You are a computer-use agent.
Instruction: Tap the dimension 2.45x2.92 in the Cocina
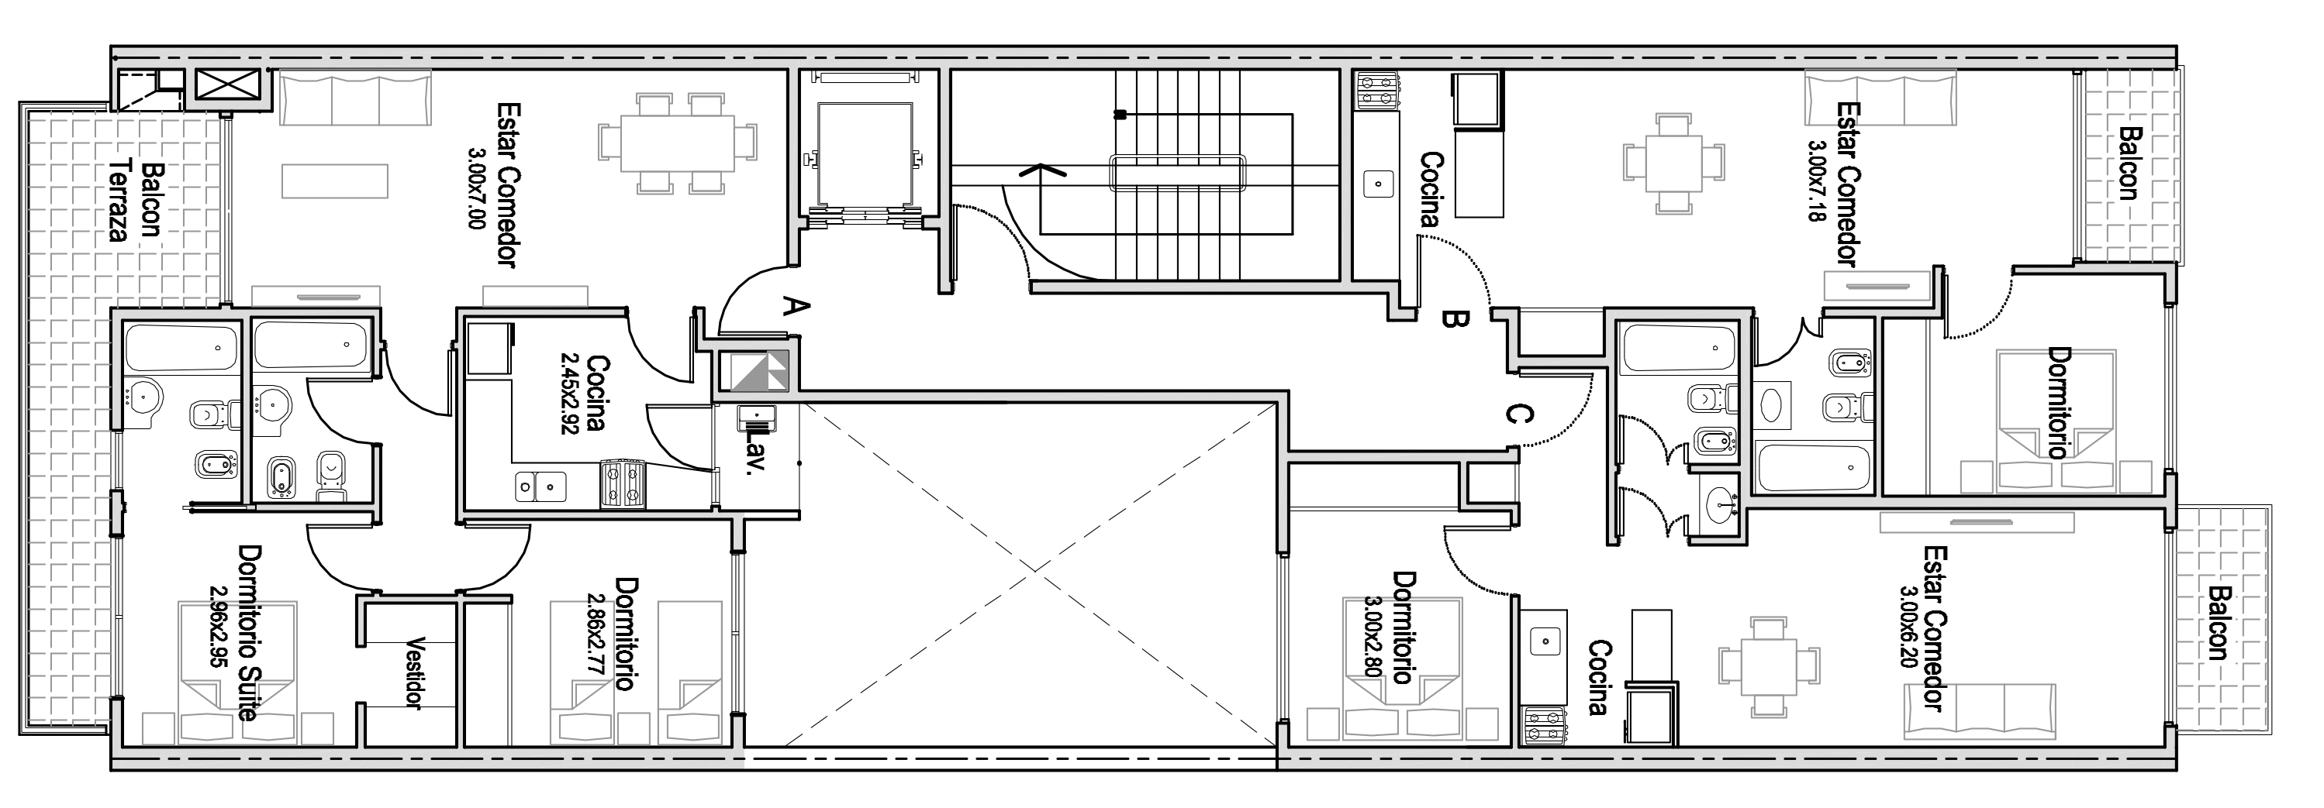(569, 394)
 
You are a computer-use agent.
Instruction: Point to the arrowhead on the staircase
(1041, 169)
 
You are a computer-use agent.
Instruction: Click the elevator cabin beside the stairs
(865, 158)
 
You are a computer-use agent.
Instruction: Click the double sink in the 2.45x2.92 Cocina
(540, 486)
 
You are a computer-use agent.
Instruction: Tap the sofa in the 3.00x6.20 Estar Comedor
(1980, 713)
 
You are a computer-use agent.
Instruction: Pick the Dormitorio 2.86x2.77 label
(611, 634)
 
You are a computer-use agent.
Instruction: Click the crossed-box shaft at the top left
(227, 87)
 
